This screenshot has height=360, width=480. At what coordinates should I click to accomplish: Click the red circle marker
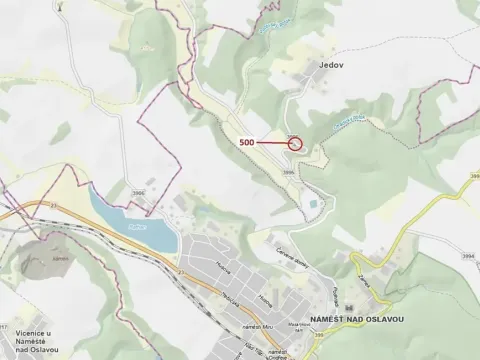tap(295, 143)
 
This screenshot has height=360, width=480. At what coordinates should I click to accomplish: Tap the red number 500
tap(247, 143)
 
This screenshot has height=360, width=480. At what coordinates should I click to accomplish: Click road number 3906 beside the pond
tap(139, 193)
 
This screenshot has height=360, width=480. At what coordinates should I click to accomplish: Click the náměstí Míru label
tap(258, 327)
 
